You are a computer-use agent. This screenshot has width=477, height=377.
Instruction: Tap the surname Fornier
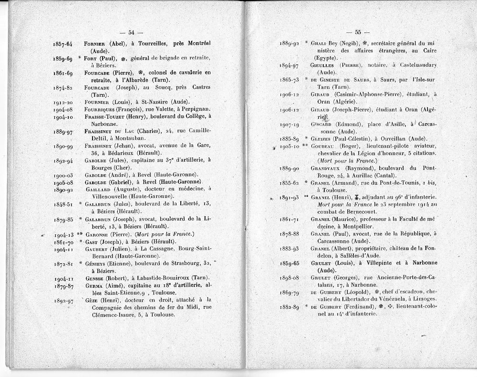94,43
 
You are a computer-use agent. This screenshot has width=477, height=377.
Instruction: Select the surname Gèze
93,300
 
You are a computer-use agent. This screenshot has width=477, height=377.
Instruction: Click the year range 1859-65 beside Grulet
290,263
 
